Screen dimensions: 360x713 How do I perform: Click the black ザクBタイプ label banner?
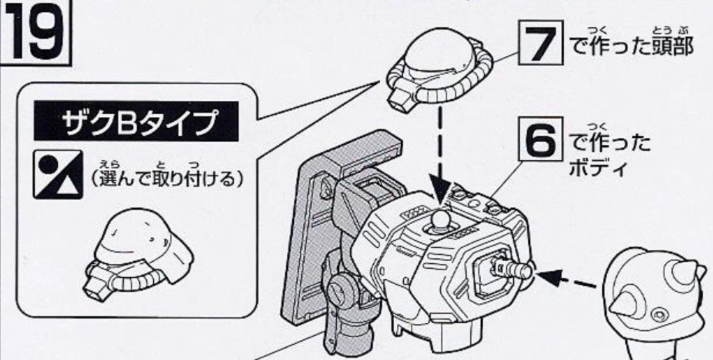tap(138, 123)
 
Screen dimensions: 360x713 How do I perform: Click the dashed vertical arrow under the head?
tap(440, 153)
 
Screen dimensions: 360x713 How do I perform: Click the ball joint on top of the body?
tap(440, 221)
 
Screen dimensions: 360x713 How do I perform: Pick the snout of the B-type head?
tap(97, 281)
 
